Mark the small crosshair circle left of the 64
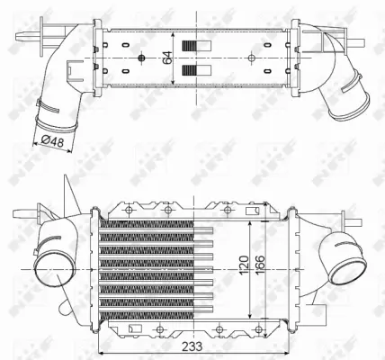[142, 59]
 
